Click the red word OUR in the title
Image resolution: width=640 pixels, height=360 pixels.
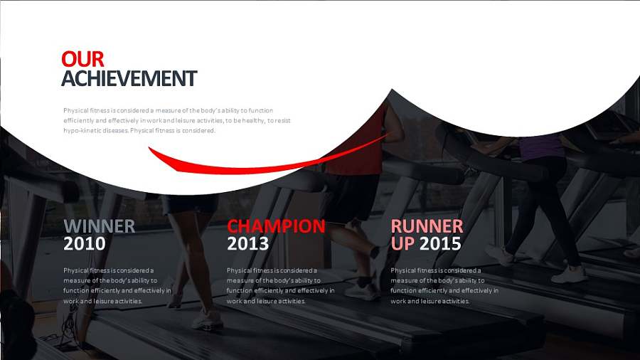[83, 59]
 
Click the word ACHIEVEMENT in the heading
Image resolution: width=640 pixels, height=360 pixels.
[129, 78]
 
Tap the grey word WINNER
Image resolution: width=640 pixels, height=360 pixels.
[100, 226]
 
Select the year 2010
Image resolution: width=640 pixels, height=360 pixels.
[85, 244]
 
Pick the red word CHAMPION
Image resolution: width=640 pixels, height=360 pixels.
[277, 226]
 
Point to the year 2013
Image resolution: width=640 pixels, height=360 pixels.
[247, 244]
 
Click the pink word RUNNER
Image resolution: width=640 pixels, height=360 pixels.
[427, 226]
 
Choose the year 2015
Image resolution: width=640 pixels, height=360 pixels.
[440, 244]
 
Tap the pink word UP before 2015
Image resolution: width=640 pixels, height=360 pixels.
[402, 244]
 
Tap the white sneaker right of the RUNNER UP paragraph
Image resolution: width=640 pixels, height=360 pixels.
[570, 275]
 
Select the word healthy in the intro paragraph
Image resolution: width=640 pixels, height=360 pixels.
[253, 120]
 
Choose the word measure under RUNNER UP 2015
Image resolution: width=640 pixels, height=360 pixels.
[404, 280]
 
